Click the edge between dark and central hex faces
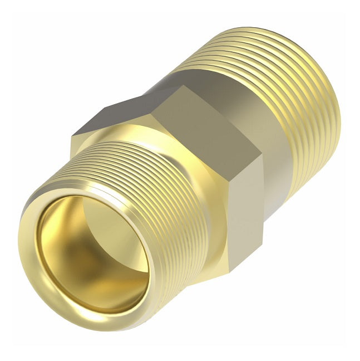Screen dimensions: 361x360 point(161,111)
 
